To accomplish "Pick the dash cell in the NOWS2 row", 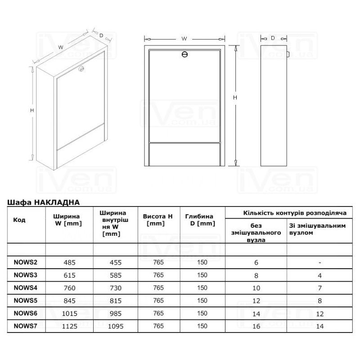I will (x=319, y=262).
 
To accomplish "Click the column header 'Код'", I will (x=20, y=220).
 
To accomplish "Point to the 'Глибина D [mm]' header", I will (x=199, y=220).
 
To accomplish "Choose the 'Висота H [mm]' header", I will (x=157, y=220).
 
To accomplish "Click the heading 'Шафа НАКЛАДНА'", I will (x=44, y=202).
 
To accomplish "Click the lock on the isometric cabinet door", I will (x=81, y=69).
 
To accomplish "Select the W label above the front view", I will (x=184, y=39).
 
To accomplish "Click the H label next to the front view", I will (x=235, y=98).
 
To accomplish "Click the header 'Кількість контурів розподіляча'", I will (x=295, y=212).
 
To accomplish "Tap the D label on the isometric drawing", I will (x=102, y=35).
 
